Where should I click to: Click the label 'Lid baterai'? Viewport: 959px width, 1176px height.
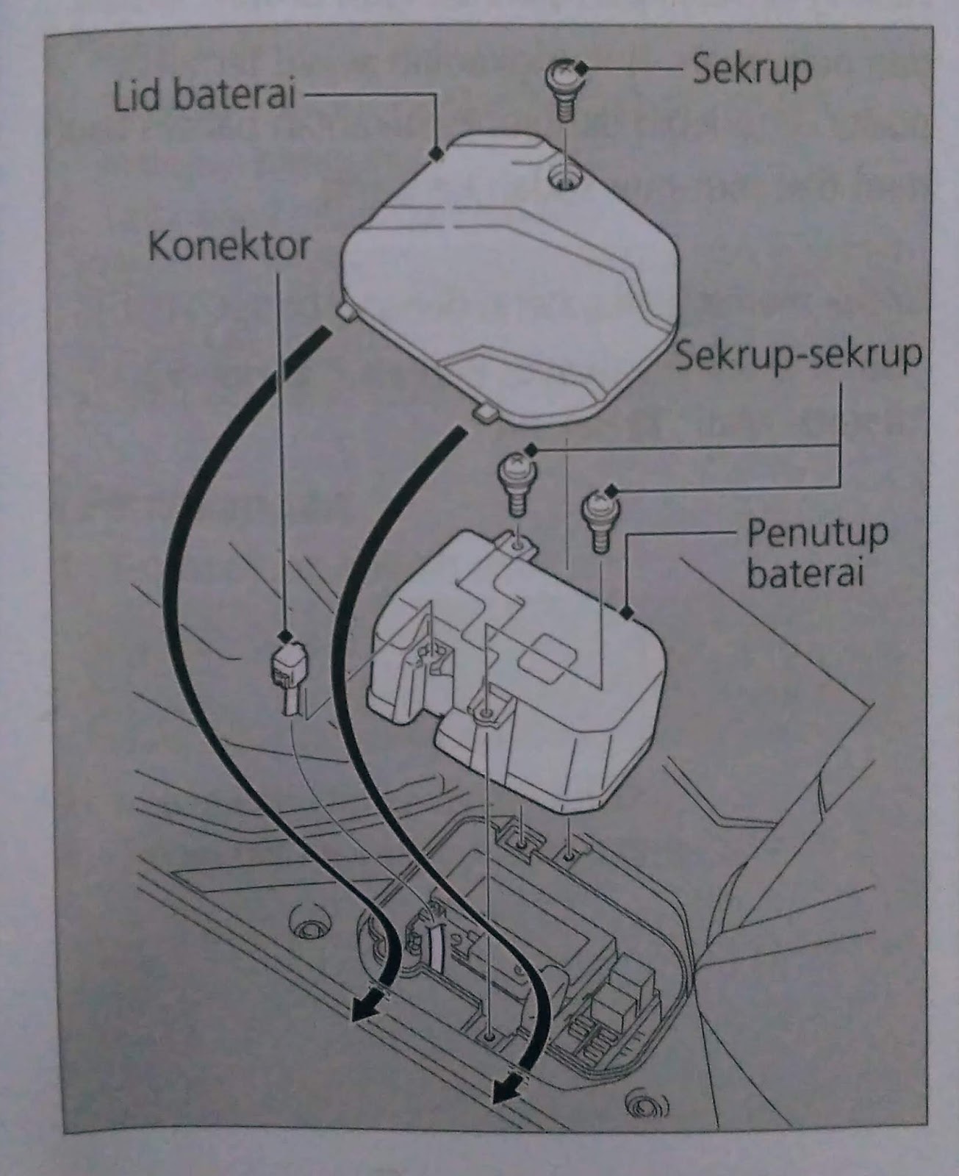click(204, 96)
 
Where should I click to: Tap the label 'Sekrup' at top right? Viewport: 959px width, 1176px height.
click(751, 69)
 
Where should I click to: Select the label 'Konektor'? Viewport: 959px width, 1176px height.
click(229, 246)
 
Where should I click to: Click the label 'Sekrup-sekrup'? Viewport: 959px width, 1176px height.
click(798, 356)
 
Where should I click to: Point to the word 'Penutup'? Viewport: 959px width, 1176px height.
click(817, 534)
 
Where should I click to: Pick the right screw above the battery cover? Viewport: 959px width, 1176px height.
click(600, 517)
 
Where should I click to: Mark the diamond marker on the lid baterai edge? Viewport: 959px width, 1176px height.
click(437, 153)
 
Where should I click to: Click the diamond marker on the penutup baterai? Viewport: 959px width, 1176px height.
click(627, 611)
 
